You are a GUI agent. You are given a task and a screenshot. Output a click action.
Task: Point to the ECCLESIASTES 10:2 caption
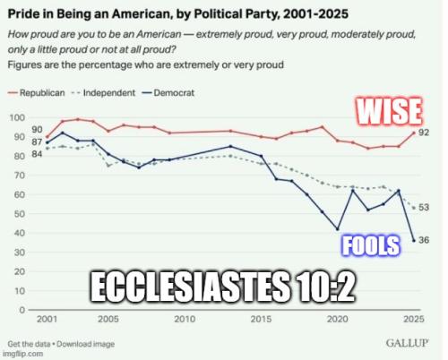(x=219, y=289)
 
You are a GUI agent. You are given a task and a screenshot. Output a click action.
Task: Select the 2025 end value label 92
(x=425, y=133)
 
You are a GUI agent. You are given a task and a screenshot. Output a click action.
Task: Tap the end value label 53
(x=425, y=208)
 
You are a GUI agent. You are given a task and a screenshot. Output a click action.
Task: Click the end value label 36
(x=425, y=240)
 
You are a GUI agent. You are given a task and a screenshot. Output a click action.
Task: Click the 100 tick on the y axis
(x=15, y=118)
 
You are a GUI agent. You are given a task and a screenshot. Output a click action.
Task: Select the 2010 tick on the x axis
(x=185, y=320)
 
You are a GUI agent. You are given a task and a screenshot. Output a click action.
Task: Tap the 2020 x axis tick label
(x=337, y=320)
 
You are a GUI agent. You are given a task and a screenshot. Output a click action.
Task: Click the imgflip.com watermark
(x=25, y=354)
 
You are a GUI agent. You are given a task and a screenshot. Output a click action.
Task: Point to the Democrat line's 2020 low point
(x=338, y=229)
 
